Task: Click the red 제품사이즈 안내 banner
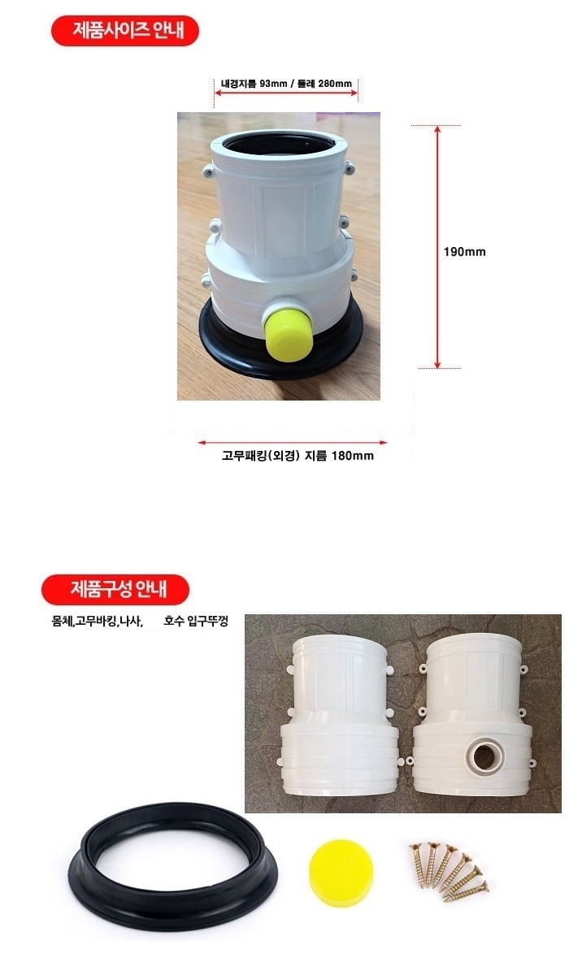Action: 125,31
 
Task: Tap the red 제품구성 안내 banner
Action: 115,589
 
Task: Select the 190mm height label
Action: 464,252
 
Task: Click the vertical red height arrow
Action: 437,247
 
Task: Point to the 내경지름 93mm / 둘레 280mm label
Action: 286,84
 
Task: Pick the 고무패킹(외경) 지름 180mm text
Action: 298,456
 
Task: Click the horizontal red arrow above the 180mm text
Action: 293,443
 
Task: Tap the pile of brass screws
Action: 449,870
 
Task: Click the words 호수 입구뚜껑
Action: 195,621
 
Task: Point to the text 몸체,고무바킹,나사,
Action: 98,621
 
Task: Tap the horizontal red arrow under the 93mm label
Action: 286,93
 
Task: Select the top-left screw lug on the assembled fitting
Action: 209,171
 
